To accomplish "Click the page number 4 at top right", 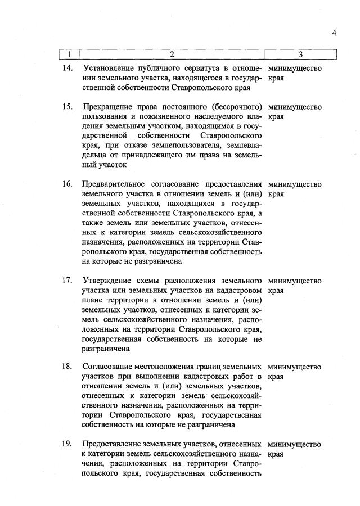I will coord(334,33).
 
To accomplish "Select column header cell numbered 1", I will coord(69,55).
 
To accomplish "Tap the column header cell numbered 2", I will coord(172,55).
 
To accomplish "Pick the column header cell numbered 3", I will coord(301,55).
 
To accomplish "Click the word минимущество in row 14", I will coord(295,69).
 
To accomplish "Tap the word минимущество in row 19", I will coord(295,444).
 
